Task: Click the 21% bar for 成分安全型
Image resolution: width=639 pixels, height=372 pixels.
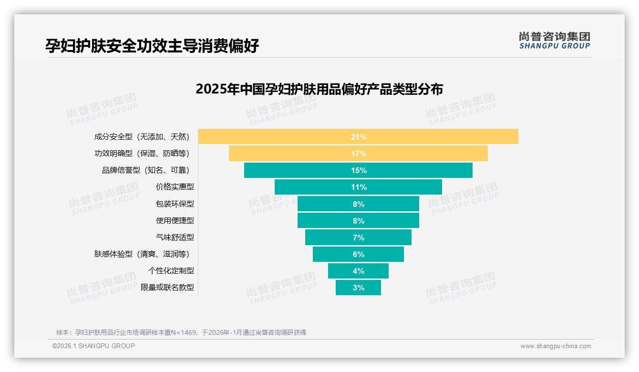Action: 358,137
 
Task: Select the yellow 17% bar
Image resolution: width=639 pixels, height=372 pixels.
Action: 358,154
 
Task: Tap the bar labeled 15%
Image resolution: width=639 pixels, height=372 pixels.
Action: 358,170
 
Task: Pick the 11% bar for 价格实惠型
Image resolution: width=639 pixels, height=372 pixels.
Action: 358,187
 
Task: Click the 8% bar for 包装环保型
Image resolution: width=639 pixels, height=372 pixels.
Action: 358,204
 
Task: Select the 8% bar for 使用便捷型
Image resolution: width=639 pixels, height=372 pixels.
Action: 358,221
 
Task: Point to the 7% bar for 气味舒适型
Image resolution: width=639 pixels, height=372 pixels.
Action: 358,238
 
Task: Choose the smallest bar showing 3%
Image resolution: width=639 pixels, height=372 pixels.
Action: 358,288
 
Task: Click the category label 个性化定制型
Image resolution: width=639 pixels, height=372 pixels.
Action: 171,271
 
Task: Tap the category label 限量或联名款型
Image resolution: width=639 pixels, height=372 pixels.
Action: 167,288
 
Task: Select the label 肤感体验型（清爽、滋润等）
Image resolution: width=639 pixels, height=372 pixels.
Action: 144,254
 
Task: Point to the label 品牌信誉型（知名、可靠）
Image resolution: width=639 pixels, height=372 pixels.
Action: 148,170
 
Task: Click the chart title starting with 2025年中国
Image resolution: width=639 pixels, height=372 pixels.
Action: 319,89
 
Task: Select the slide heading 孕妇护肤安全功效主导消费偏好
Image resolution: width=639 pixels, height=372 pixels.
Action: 152,46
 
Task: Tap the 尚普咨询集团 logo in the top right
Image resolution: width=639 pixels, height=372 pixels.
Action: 554,41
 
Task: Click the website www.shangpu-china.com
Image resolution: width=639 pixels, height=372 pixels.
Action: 556,346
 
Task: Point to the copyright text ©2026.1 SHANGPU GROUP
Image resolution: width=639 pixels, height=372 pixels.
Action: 93,346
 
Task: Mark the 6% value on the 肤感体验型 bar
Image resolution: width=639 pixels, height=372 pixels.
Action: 359,254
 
